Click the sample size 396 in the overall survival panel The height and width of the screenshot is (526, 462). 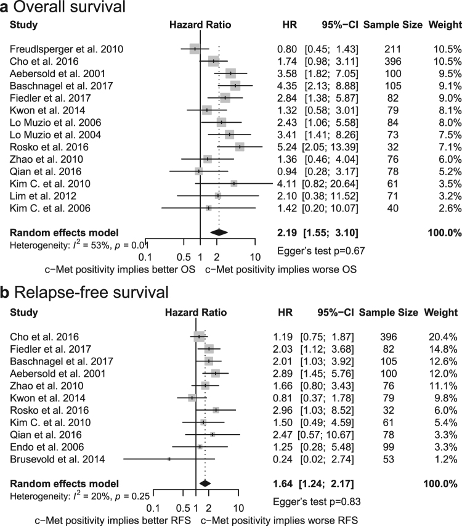392,60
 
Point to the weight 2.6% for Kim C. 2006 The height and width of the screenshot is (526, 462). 449,208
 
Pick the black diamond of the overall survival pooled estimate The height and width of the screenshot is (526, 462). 219,232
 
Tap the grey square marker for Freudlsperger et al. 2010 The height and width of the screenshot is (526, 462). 195,48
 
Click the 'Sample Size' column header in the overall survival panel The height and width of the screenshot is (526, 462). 392,25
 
